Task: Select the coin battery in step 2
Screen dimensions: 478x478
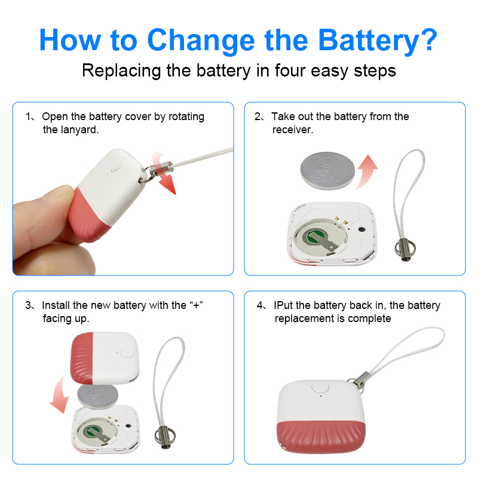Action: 327,171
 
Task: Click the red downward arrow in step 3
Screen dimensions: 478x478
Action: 60,396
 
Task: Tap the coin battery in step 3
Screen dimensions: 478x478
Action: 97,396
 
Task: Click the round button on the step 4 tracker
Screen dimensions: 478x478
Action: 320,388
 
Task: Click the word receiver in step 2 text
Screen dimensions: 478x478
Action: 293,130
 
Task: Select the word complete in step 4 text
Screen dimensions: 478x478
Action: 369,318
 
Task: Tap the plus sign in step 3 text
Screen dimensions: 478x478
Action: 197,305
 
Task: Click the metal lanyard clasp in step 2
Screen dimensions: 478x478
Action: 405,250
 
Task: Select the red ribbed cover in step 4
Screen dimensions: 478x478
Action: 321,437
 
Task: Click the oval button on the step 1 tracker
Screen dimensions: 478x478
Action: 117,165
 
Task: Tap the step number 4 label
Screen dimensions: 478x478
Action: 260,305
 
